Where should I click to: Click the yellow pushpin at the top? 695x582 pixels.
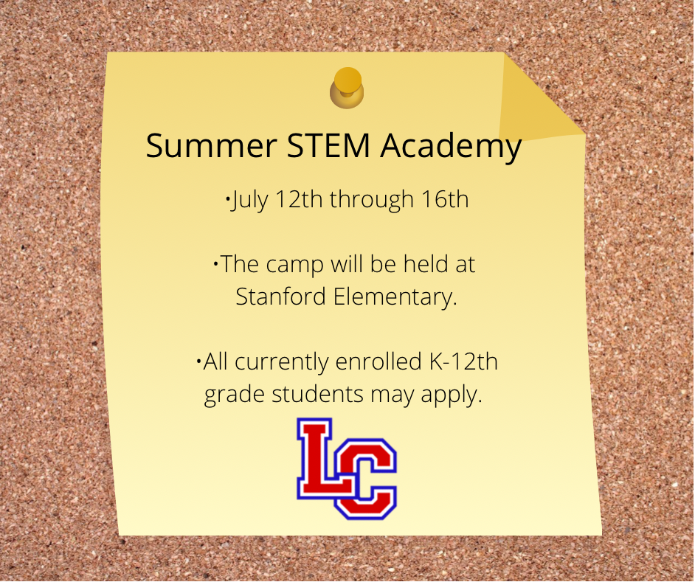pos(347,88)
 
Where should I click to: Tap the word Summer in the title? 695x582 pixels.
pos(211,145)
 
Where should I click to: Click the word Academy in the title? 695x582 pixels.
pos(451,147)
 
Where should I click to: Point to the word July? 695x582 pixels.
pos(249,200)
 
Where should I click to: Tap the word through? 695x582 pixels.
pos(371,200)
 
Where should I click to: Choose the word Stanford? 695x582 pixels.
pos(280,296)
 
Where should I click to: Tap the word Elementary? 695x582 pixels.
pos(395,297)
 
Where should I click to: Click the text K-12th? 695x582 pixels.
pos(463,361)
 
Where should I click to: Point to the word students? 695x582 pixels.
pos(317,394)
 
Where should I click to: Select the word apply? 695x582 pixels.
pos(452,395)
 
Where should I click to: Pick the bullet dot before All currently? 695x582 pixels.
pos(198,361)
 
